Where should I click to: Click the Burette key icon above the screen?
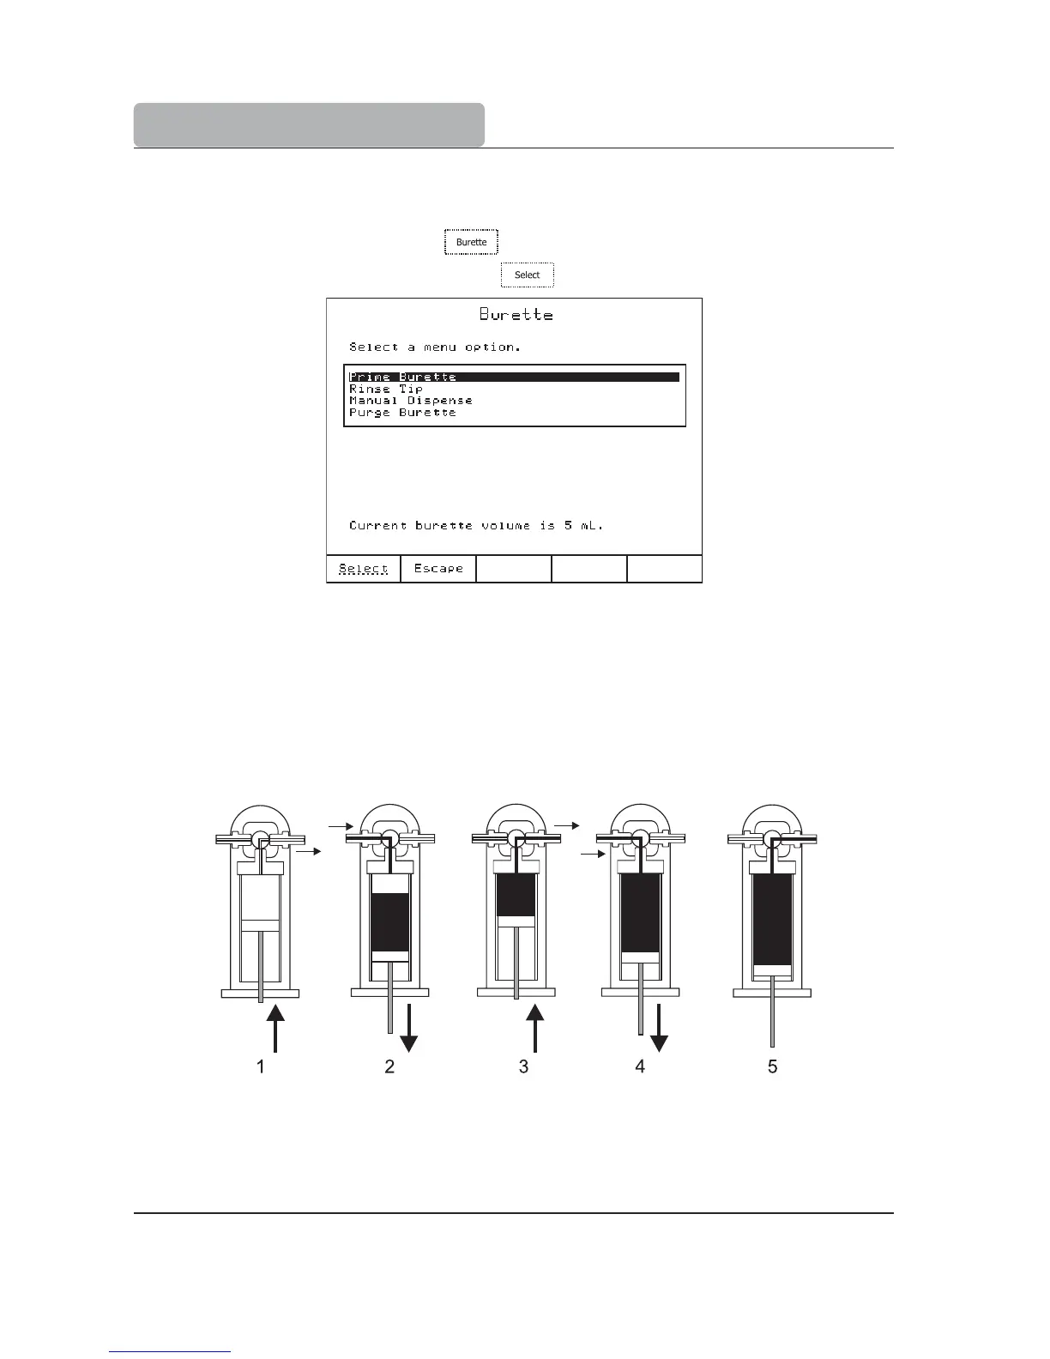471,242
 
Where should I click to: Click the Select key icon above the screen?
528,275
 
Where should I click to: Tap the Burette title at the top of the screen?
516,315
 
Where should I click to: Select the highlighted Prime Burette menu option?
403,377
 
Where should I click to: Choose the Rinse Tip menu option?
386,389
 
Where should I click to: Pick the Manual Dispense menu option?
410,401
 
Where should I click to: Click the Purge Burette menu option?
402,413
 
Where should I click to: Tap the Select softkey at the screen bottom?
364,569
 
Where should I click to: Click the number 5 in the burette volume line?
568,525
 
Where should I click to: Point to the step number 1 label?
261,1066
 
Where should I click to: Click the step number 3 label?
523,1066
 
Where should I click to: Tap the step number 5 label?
772,1066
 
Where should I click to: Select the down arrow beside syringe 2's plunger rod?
409,1028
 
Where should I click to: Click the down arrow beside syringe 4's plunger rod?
659,1028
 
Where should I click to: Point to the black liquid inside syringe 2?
389,922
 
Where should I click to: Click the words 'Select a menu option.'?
434,347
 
